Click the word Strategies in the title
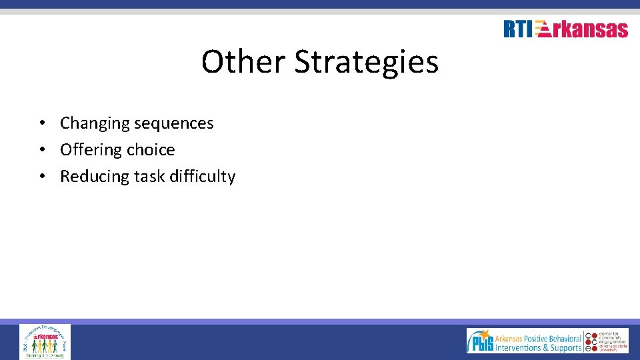click(366, 62)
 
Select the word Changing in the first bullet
click(95, 123)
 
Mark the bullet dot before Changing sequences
click(41, 123)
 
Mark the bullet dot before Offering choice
click(41, 150)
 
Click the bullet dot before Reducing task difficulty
click(41, 177)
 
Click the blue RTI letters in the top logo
click(518, 29)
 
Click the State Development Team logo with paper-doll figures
click(45, 342)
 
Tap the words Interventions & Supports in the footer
click(538, 347)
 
